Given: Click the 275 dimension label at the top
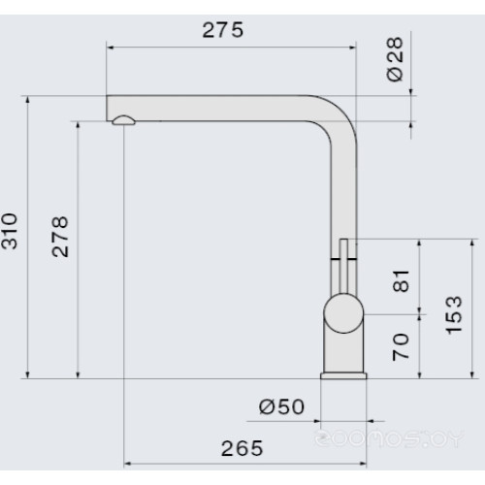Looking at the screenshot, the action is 223,30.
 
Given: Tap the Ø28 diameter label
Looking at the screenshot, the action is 395,59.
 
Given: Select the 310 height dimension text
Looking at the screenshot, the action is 9,231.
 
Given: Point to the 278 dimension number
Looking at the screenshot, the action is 60,237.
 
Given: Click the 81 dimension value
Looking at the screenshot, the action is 401,281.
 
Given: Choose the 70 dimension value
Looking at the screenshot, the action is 401,347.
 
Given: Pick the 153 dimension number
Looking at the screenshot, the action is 454,315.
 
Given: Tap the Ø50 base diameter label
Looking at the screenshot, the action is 281,406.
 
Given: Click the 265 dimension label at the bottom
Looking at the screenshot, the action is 242,448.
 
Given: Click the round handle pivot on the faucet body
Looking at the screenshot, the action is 343,313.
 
